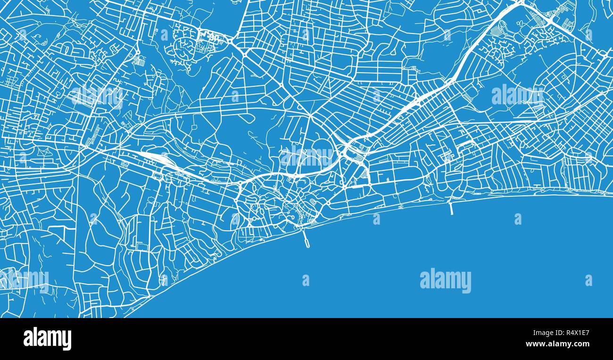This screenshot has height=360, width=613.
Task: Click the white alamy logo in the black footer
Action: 47,339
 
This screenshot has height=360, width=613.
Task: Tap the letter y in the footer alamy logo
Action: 67,340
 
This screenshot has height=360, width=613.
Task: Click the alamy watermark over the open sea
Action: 445,280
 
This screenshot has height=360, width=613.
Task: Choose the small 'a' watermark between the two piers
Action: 376,219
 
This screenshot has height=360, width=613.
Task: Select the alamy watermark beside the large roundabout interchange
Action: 306,157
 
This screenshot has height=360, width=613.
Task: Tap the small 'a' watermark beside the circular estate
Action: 164,34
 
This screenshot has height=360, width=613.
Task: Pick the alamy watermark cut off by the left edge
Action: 24,280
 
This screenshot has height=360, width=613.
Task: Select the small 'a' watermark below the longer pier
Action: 306,280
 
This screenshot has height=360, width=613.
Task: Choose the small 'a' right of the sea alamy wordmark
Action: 588,280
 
